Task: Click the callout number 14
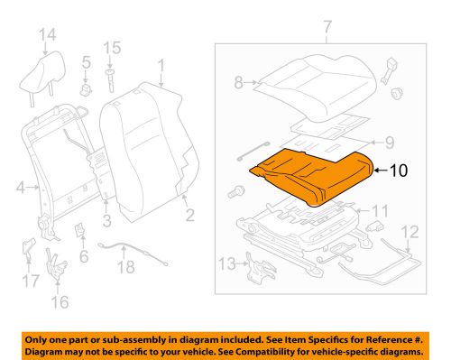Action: pyautogui.click(x=47, y=35)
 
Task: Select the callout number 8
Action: pyautogui.click(x=238, y=81)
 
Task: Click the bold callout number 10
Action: pyautogui.click(x=398, y=168)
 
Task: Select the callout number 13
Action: pyautogui.click(x=227, y=263)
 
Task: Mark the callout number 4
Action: pyautogui.click(x=21, y=187)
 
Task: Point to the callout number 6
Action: pyautogui.click(x=84, y=255)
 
